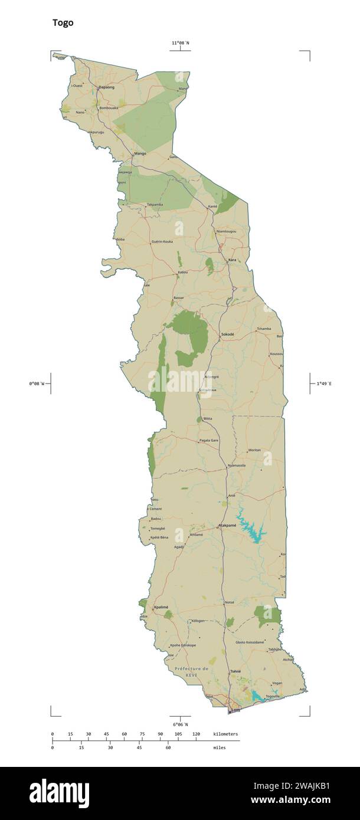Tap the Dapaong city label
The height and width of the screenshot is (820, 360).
pos(107,87)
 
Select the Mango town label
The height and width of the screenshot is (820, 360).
pos(140,153)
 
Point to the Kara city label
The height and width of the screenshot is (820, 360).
pos(233,260)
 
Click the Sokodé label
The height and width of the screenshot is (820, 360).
pos(227,334)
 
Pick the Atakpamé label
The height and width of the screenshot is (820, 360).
pos(227,525)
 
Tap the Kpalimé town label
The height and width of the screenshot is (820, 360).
pos(161,607)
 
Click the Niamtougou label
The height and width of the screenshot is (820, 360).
pos(227,231)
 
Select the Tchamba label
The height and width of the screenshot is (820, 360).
pos(264,329)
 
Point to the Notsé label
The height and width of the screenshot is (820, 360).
pos(230,602)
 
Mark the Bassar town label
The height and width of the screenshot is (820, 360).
pos(179,298)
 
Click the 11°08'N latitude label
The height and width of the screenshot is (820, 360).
pos(181,43)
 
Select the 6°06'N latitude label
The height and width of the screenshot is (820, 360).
pos(181,724)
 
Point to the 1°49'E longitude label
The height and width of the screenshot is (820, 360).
pos(324,384)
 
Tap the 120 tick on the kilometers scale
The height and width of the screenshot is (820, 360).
pos(196,734)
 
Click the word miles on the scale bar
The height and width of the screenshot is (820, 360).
pos(219,747)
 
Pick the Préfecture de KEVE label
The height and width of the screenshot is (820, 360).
pos(191,671)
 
